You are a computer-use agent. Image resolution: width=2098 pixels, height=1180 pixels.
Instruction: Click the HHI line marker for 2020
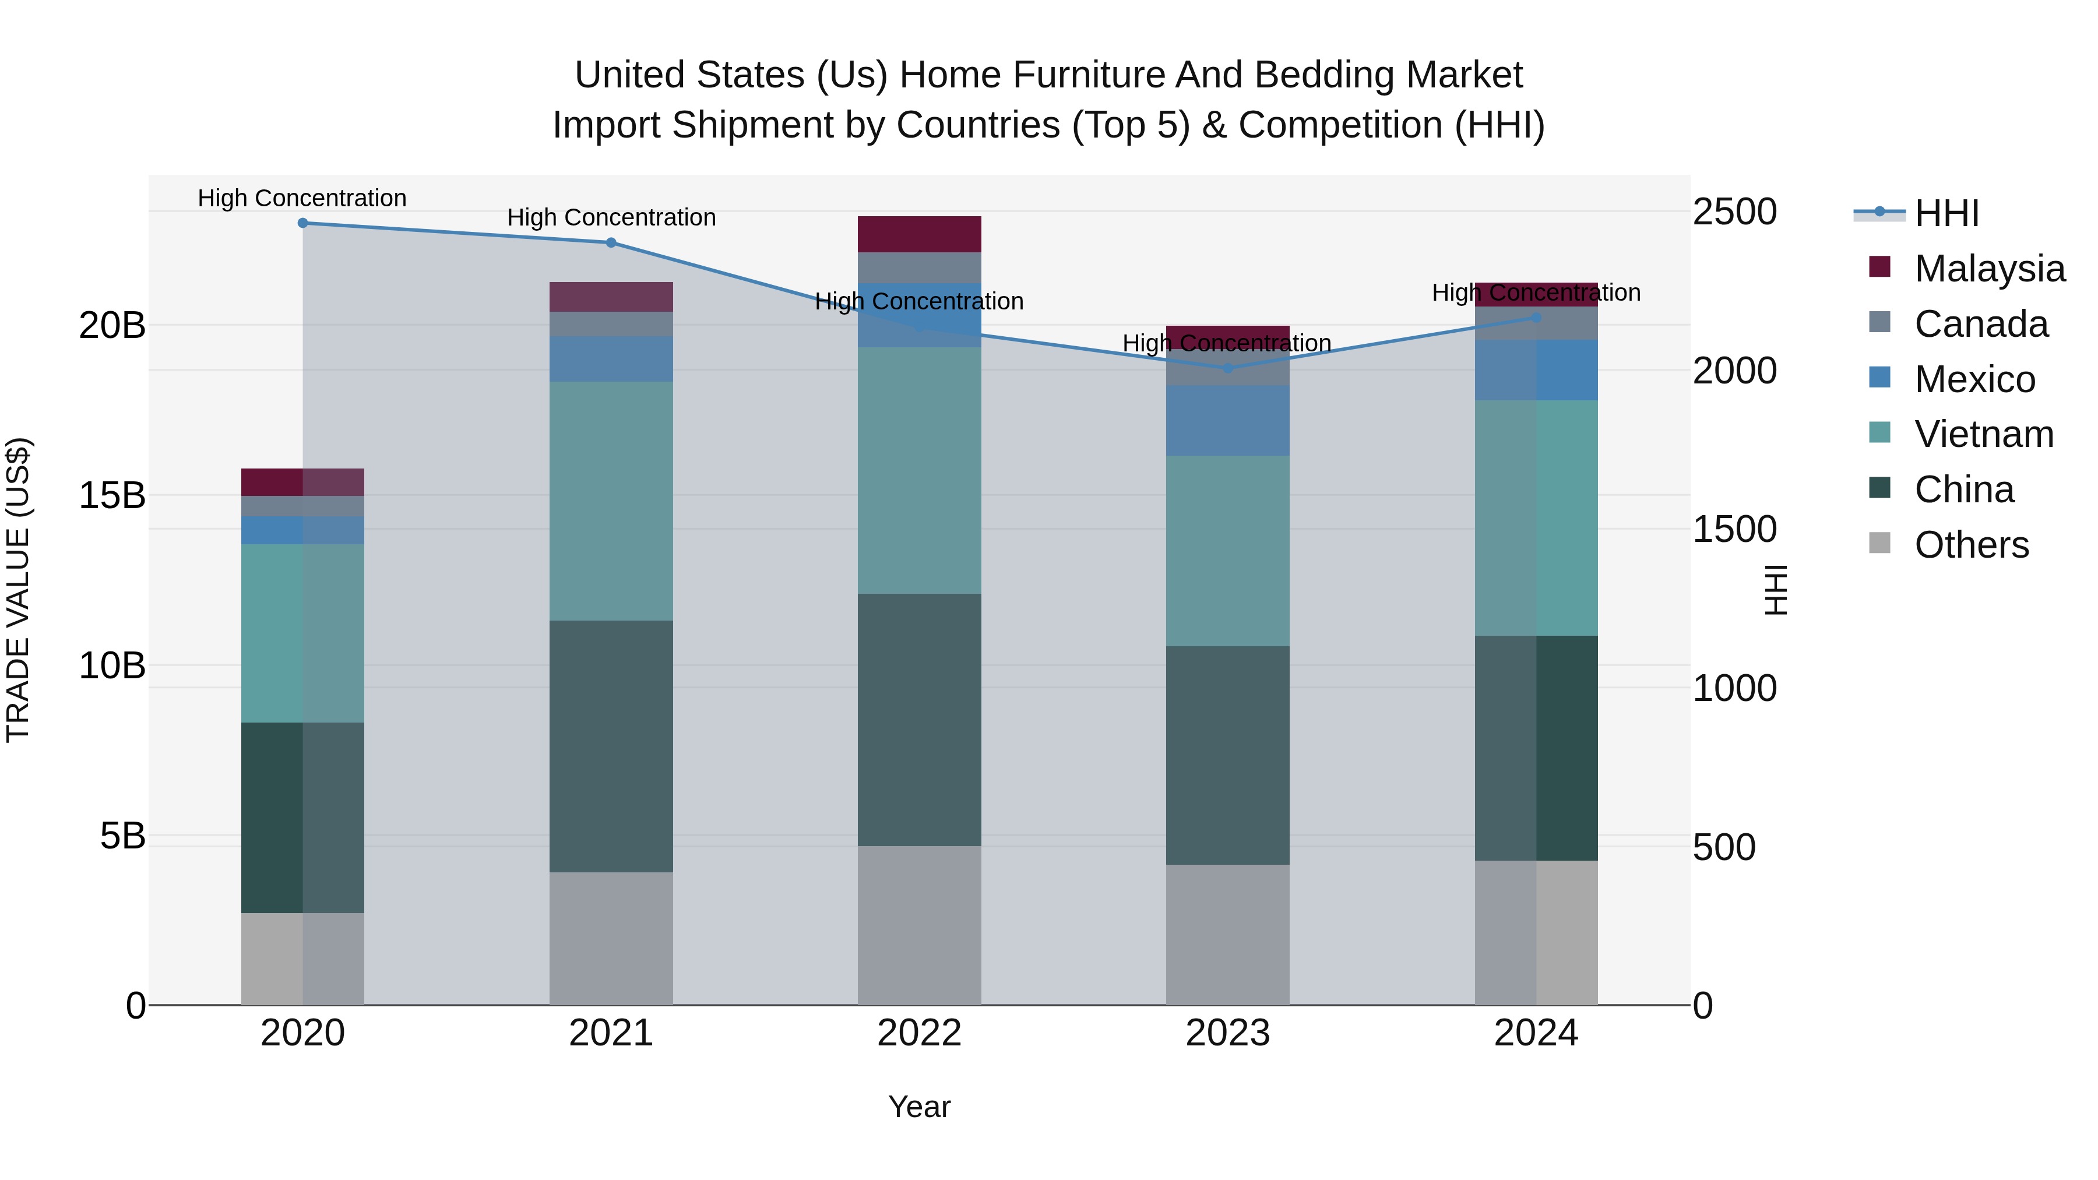coord(303,223)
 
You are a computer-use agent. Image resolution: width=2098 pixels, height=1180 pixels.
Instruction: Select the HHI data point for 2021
coord(612,242)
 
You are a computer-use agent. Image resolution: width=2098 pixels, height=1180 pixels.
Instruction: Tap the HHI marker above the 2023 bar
coord(1228,368)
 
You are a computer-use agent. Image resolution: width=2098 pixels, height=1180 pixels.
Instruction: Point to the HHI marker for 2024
coord(1536,318)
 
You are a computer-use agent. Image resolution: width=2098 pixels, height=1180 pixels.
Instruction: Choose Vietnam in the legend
coord(1983,434)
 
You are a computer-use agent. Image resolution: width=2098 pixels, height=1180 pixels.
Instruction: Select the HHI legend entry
coord(1946,213)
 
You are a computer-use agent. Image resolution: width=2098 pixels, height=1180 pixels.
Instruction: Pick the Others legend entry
coord(1971,545)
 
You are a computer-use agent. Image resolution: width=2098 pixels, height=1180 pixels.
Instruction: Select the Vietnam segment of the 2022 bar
coord(920,471)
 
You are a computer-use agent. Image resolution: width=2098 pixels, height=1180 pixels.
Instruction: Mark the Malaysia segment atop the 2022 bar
coord(920,234)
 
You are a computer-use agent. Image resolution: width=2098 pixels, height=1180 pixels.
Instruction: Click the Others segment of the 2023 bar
coord(1228,935)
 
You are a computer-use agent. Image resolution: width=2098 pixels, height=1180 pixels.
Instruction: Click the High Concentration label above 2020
coord(302,199)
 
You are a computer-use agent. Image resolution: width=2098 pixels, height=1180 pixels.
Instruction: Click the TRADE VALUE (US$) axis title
coord(18,590)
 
